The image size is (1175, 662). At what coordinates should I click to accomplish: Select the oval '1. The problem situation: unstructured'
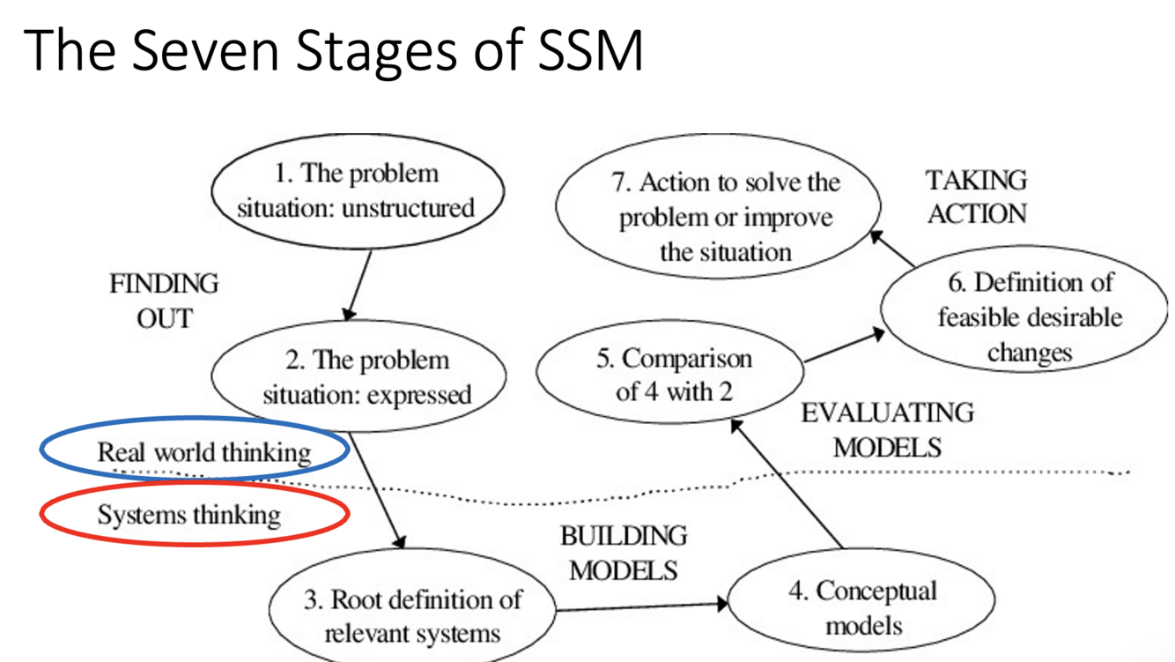(x=356, y=191)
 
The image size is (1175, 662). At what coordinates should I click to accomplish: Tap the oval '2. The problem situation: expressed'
(x=358, y=376)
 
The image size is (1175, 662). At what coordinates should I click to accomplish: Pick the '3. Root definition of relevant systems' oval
(x=412, y=615)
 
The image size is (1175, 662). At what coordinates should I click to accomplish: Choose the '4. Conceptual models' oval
(x=862, y=607)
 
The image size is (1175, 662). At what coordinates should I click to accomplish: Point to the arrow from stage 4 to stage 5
(x=787, y=484)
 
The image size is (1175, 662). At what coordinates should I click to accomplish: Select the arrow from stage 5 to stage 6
(x=843, y=347)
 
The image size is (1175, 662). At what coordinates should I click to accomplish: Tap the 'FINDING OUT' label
(x=164, y=301)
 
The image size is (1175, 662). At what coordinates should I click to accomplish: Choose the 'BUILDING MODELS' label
(x=624, y=553)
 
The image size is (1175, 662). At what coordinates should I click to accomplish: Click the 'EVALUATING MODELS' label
(x=887, y=429)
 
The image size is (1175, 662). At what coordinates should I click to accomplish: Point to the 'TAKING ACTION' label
(x=976, y=197)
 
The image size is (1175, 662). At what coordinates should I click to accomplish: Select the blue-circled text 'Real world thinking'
(x=203, y=453)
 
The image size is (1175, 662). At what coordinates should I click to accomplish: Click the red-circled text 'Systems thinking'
(x=188, y=515)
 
